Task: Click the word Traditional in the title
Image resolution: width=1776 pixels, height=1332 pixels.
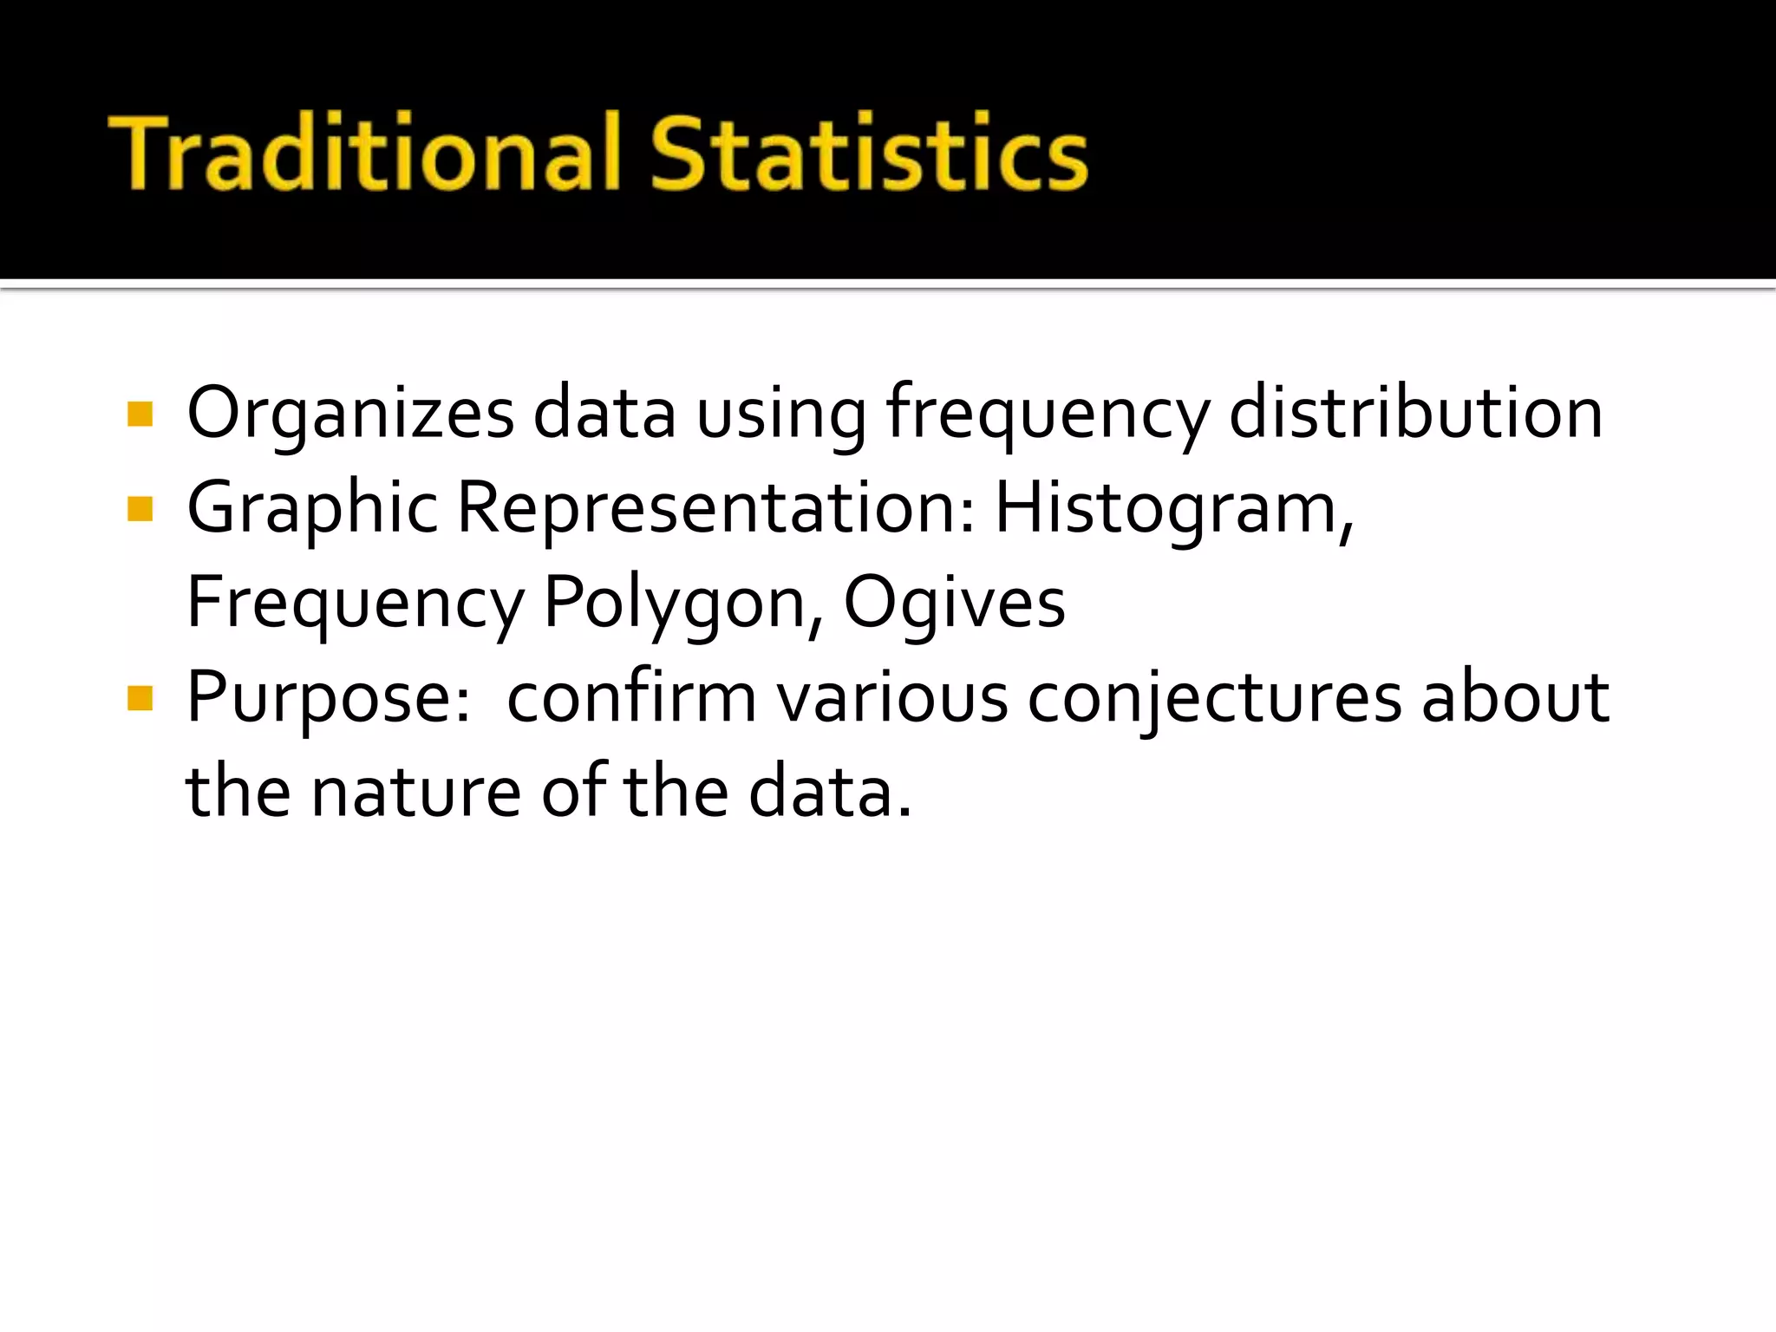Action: pyautogui.click(x=364, y=153)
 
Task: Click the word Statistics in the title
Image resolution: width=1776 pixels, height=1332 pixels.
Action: pyautogui.click(x=868, y=153)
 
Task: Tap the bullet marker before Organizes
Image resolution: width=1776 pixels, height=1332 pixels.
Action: pyautogui.click(x=140, y=414)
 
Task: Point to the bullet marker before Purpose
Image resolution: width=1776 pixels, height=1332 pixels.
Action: pyautogui.click(x=140, y=698)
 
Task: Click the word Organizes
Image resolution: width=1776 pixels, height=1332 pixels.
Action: pyautogui.click(x=350, y=414)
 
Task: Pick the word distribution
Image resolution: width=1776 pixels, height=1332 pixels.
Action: pyautogui.click(x=1415, y=414)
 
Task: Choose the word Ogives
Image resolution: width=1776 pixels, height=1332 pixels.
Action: pyautogui.click(x=954, y=604)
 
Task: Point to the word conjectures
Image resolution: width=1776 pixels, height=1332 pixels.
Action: pyautogui.click(x=1214, y=698)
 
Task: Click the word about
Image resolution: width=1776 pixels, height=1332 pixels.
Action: pyautogui.click(x=1515, y=698)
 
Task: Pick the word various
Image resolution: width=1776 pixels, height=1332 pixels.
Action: pyautogui.click(x=892, y=698)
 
